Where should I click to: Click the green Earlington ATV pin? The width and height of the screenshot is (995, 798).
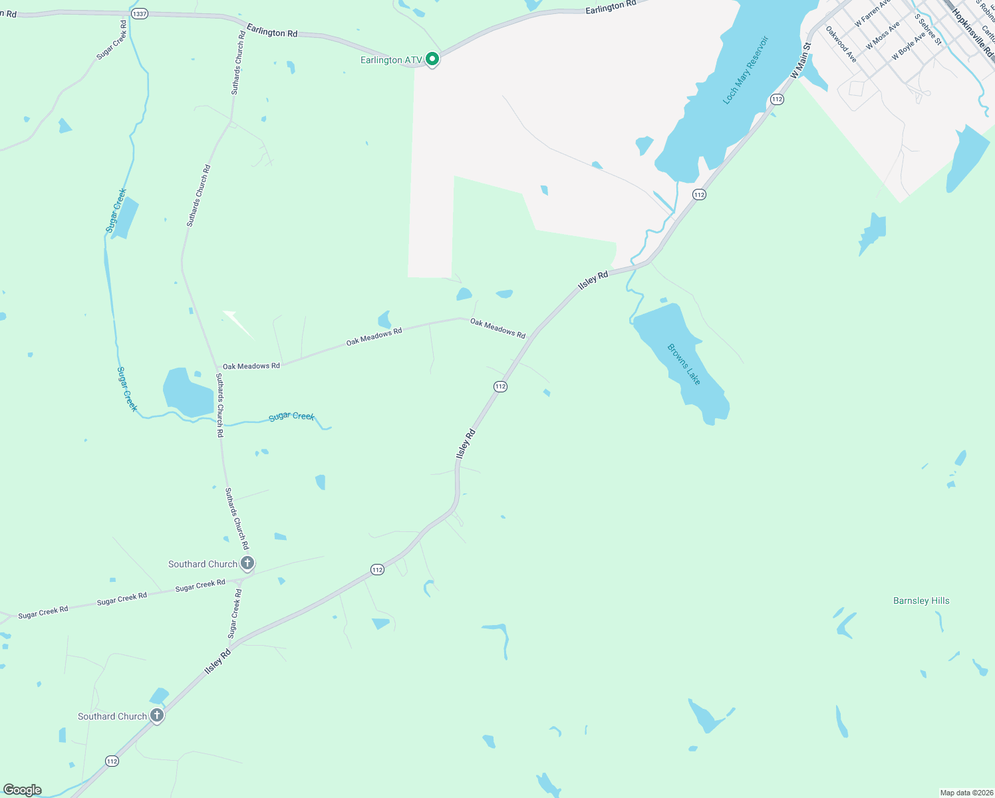tap(432, 60)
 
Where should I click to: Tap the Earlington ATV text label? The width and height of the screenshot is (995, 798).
tap(391, 61)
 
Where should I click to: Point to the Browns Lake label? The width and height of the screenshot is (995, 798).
tap(684, 364)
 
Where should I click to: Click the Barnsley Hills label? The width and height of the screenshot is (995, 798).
tap(921, 600)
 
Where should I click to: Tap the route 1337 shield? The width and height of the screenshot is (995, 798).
tap(139, 13)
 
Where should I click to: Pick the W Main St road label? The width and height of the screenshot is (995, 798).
tap(801, 61)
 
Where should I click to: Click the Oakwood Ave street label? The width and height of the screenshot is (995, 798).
tap(841, 44)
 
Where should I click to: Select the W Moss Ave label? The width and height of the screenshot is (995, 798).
tap(883, 35)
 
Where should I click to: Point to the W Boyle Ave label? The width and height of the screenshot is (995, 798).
tap(909, 46)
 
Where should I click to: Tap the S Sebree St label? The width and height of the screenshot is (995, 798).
tap(928, 29)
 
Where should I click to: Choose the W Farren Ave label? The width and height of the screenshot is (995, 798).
tap(871, 13)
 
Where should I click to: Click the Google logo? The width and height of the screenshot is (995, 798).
tap(23, 790)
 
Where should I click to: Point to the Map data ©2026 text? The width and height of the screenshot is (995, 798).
tap(966, 793)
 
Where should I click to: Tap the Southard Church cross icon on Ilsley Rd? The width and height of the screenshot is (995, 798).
tap(157, 716)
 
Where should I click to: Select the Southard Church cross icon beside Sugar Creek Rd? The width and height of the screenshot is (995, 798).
tap(247, 564)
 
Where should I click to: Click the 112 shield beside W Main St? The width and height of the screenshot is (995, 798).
tap(777, 99)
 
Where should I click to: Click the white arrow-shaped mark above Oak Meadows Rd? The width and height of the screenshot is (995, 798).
tap(238, 324)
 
